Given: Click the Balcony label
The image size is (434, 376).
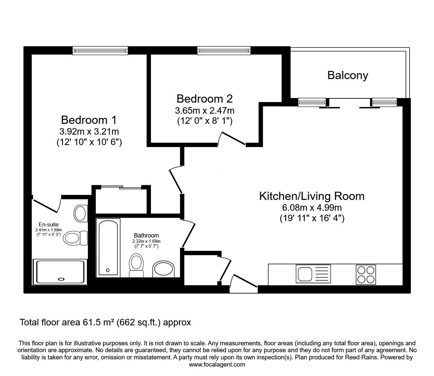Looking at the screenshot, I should point(347,75).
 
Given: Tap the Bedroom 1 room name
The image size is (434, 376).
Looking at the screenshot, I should point(89,120).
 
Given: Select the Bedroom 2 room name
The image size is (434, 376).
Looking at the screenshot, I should point(204,99).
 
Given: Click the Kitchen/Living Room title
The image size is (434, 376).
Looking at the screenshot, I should point(311,196).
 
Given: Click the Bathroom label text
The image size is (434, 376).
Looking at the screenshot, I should point(146,235).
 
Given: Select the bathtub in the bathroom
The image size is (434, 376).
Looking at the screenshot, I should point(108,247).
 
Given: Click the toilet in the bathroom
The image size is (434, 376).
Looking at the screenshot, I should point(136,265).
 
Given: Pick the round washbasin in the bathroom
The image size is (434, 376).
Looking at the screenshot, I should point(163,269).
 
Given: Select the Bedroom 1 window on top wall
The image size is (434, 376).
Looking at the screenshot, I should point(100,50).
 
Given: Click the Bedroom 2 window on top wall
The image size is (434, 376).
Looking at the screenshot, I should point(224,50).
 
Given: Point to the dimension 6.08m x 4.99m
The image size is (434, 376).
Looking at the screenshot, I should point(311,207).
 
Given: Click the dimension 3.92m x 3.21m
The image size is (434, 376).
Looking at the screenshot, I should point(89,132).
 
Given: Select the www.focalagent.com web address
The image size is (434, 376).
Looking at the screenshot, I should point(217,365).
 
